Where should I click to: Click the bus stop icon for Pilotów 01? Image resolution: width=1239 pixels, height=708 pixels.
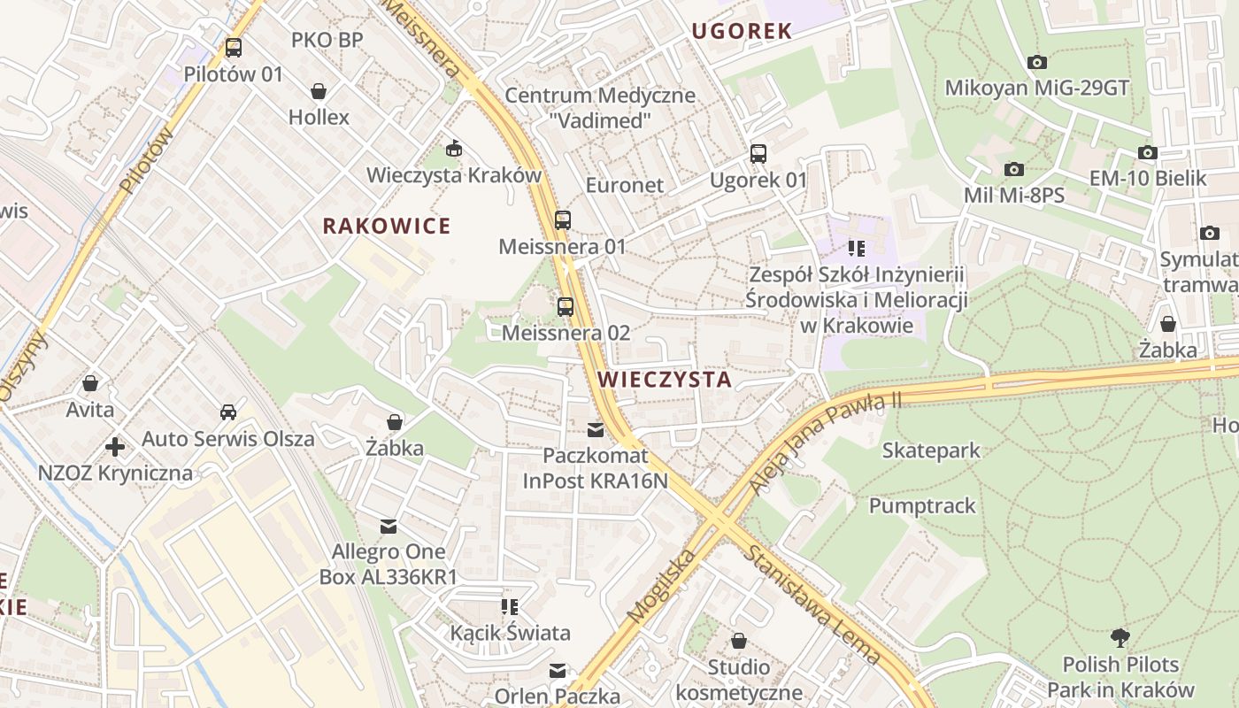(x=233, y=48)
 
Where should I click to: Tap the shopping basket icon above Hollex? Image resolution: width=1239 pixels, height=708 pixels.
(x=319, y=91)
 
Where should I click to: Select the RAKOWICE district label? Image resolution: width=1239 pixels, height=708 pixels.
(x=387, y=227)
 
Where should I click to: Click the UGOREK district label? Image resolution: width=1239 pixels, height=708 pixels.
(x=742, y=31)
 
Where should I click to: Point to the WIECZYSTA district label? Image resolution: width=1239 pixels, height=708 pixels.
(x=665, y=380)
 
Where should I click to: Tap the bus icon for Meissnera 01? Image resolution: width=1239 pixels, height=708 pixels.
(x=563, y=220)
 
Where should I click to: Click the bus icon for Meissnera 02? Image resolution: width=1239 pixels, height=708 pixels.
(x=566, y=307)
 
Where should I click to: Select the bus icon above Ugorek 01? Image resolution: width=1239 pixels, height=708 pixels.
(x=758, y=154)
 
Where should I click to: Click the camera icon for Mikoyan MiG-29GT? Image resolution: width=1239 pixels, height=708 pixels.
(x=1036, y=62)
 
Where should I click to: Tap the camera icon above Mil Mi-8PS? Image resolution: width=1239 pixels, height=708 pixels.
(x=1013, y=169)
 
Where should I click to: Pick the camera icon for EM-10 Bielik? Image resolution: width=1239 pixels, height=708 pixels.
(x=1147, y=152)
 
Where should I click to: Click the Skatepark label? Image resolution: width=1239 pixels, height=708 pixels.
(x=931, y=450)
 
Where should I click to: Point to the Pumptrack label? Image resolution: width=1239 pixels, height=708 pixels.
(x=922, y=506)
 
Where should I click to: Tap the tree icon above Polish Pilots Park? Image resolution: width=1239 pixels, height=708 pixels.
(x=1120, y=637)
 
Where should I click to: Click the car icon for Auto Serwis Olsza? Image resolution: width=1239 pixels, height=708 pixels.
(x=228, y=412)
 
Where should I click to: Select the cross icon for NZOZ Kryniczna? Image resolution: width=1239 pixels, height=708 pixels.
(x=115, y=446)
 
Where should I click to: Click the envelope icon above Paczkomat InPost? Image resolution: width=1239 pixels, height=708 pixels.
(x=596, y=430)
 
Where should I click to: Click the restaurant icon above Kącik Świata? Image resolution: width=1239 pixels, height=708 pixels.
(x=510, y=607)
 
